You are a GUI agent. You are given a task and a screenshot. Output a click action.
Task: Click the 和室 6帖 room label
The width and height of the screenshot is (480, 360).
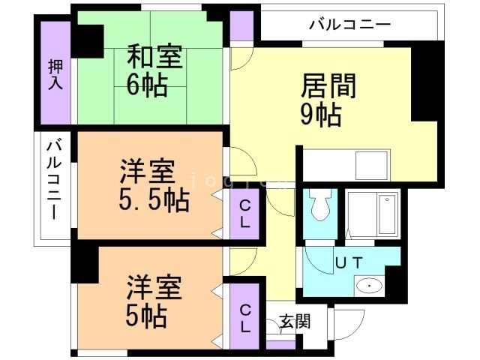[156, 70]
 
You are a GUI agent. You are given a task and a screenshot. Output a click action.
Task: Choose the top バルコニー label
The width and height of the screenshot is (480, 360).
[349, 25]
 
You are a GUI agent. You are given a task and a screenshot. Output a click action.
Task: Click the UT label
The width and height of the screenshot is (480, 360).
[349, 263]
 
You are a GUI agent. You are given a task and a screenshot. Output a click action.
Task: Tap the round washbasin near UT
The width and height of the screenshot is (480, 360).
[368, 286]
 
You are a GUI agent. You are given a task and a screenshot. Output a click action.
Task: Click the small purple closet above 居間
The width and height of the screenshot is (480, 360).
[241, 26]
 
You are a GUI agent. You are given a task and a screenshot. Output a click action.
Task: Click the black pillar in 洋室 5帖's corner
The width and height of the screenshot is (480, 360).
[85, 264]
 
